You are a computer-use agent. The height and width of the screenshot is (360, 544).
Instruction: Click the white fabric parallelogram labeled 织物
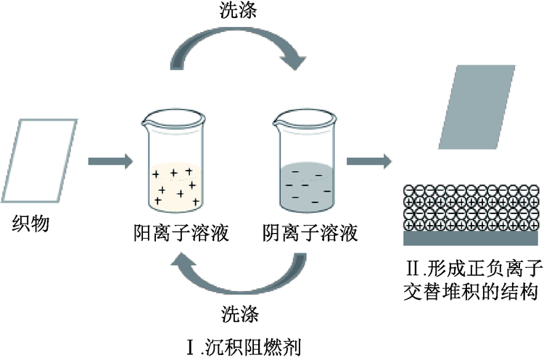tap(45, 157)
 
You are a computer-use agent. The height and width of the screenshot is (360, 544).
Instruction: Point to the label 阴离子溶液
tap(310, 234)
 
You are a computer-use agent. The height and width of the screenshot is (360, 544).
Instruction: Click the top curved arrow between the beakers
tap(239, 51)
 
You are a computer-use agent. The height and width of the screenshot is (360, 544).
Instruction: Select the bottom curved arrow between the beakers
tap(239, 274)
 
